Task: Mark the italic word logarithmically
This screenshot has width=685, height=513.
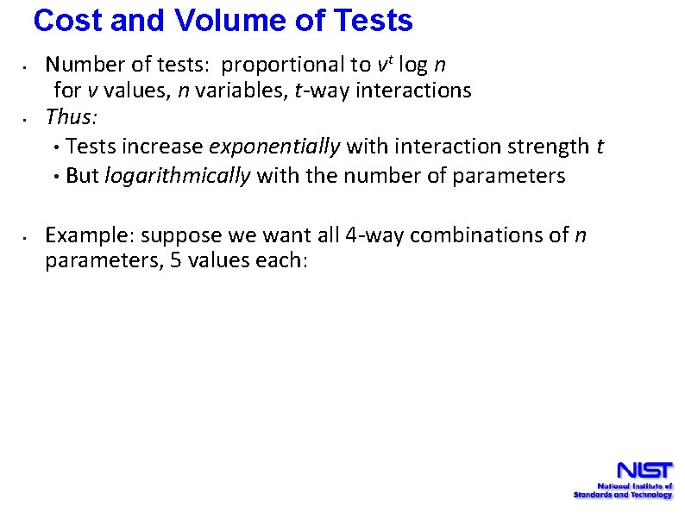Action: (177, 176)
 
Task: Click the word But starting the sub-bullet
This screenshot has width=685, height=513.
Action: (82, 176)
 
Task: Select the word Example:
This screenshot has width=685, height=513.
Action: (90, 235)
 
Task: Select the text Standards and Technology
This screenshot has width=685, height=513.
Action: (623, 495)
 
